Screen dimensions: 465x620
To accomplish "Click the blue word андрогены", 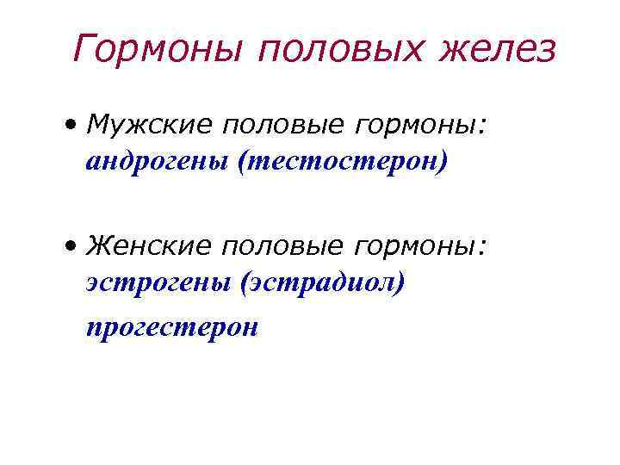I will pyautogui.click(x=156, y=161).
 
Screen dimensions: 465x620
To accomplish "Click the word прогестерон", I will pyautogui.click(x=171, y=326).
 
